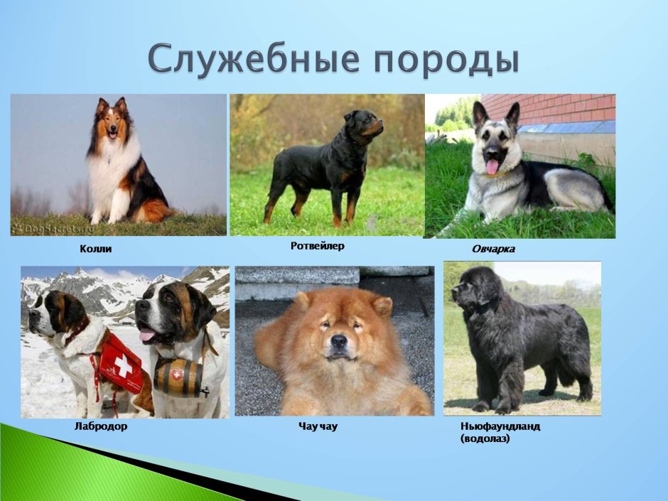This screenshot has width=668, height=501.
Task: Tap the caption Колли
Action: coord(96,249)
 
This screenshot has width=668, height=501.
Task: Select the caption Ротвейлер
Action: coord(318,246)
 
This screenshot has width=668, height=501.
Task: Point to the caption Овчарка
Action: coord(493,249)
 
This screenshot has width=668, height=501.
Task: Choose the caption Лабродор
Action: coord(101,426)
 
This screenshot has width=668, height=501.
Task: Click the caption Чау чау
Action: coord(318,426)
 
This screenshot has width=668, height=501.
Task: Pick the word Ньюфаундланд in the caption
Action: coord(500,426)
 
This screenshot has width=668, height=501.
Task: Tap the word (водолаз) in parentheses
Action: coord(485,438)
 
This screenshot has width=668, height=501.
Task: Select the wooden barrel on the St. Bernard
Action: coord(178,377)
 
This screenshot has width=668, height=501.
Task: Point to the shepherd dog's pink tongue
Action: coord(492,167)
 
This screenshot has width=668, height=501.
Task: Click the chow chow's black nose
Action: coord(339,340)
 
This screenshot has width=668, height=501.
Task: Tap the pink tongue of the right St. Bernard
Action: coord(147,334)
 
